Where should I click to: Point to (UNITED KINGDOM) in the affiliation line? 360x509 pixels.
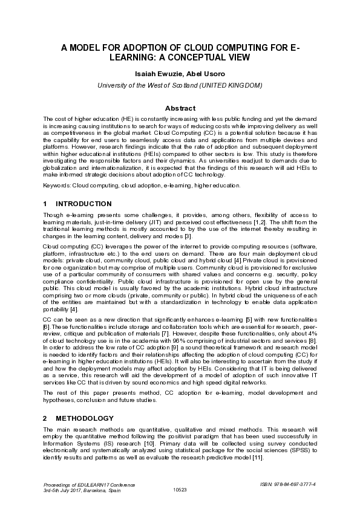pos(234,85)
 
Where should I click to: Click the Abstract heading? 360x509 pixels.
pos(180,108)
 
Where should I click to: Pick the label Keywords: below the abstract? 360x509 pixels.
pos(57,185)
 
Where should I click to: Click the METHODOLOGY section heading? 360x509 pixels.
pos(84,418)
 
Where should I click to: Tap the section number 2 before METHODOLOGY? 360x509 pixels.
pos(45,418)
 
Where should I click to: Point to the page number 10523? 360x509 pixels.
pos(180,490)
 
